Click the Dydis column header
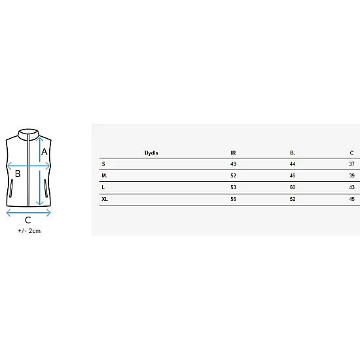(x=151, y=153)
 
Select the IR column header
(x=233, y=153)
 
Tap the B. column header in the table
(x=293, y=153)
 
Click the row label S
(x=103, y=164)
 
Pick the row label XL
(x=105, y=199)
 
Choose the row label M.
(x=105, y=175)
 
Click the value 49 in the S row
(x=233, y=164)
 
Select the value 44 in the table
(x=293, y=164)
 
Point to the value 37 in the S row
(x=351, y=164)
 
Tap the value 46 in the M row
(x=293, y=175)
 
